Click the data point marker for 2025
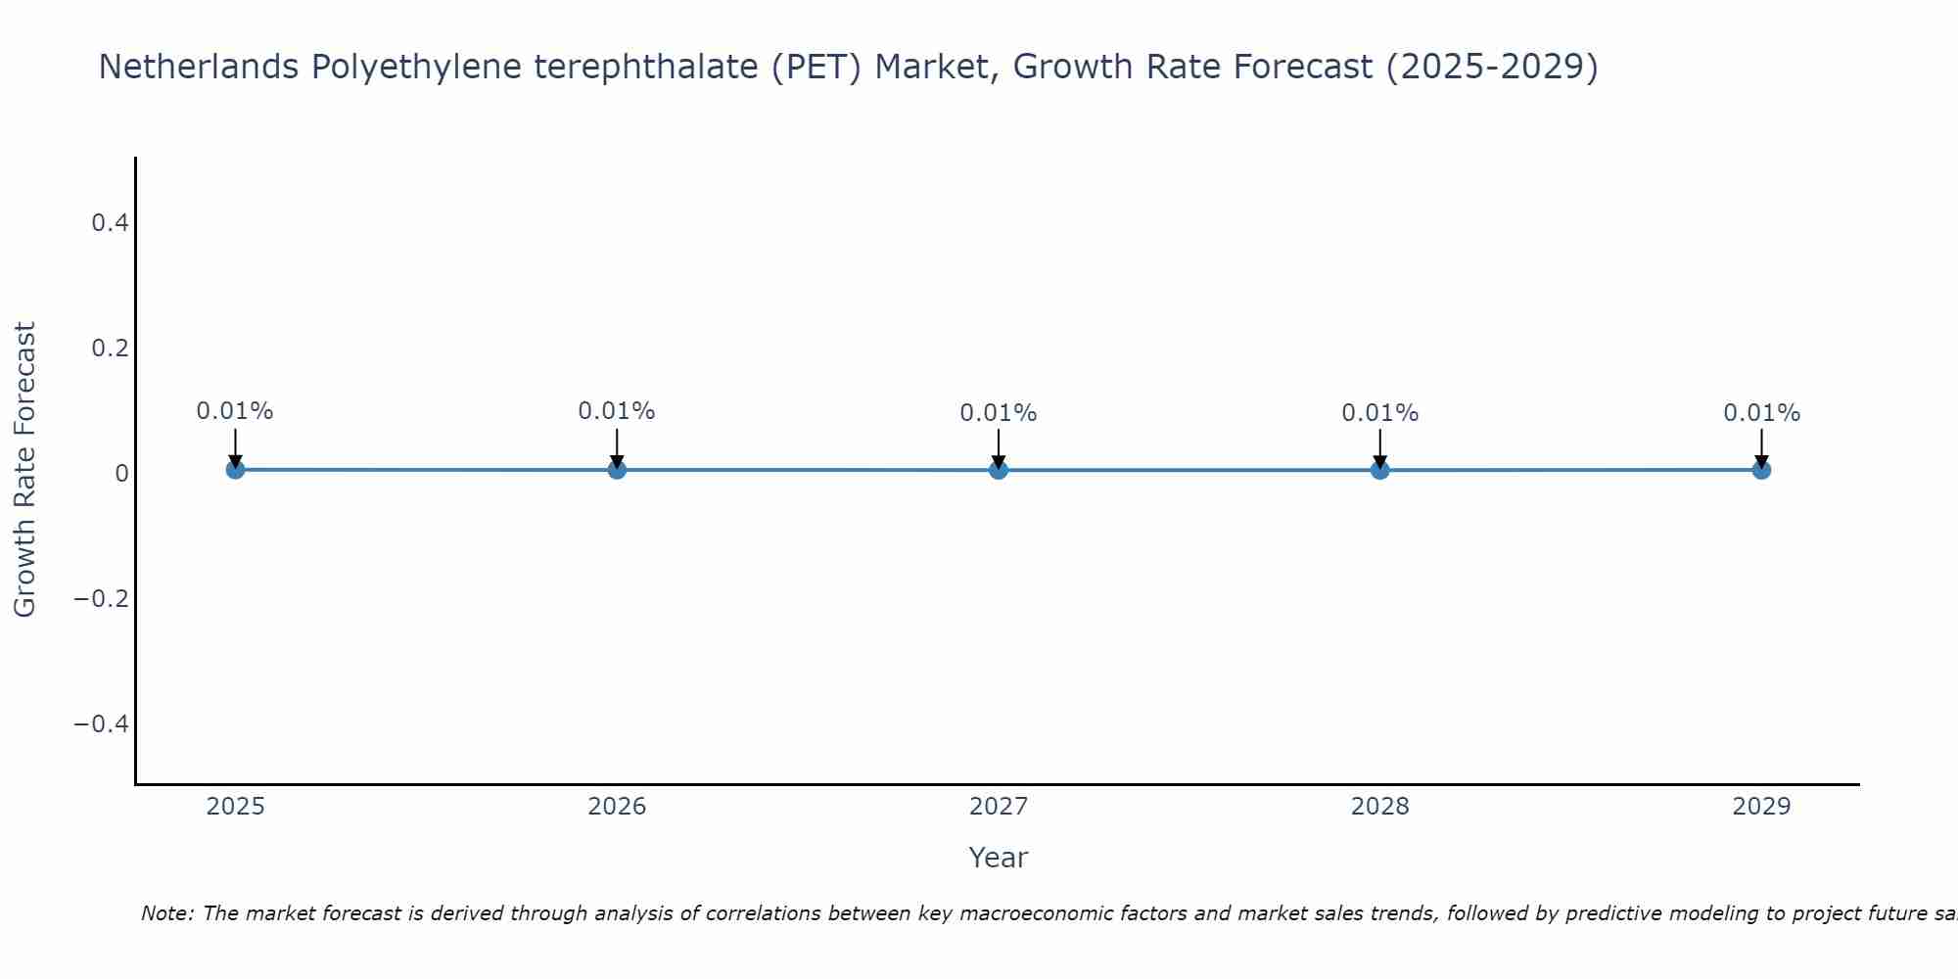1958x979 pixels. click(x=235, y=470)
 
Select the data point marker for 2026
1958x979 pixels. click(x=617, y=470)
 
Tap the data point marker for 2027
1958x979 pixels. click(x=999, y=470)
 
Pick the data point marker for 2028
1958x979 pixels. click(x=1380, y=470)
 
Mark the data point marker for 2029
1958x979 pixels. click(x=1761, y=470)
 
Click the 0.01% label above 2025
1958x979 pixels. click(x=235, y=411)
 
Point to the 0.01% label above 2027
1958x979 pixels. click(x=999, y=413)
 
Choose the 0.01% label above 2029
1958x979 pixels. click(x=1761, y=413)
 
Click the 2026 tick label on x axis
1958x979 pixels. click(x=617, y=807)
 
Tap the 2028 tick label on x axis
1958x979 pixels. click(x=1380, y=807)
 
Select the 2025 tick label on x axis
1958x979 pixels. click(x=236, y=807)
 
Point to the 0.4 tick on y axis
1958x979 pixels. click(x=111, y=223)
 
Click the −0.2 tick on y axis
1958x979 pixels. click(x=102, y=598)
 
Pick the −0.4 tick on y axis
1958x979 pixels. click(x=102, y=723)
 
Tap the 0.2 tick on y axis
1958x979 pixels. click(x=111, y=349)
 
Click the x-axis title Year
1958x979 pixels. click(x=998, y=858)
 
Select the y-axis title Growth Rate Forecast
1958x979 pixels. click(x=24, y=470)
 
